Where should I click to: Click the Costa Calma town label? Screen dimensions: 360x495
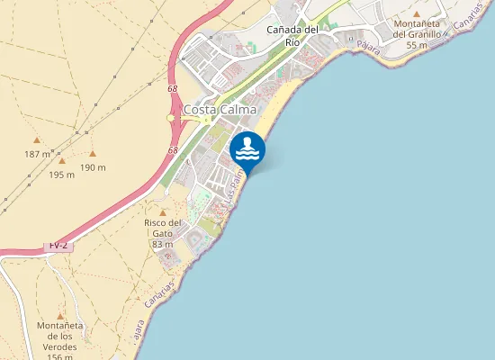click(x=220, y=110)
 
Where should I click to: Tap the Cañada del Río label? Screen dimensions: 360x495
click(x=293, y=35)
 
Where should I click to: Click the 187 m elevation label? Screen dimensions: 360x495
click(x=38, y=155)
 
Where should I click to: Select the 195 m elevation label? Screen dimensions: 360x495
click(x=61, y=175)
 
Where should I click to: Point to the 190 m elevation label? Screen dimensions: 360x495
click(x=93, y=167)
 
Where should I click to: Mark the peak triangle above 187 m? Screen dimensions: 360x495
click(x=37, y=140)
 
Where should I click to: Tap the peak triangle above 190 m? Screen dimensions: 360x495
click(x=93, y=153)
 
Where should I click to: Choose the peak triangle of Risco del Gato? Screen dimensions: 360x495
click(x=162, y=211)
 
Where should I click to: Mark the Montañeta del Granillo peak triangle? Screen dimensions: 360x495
click(x=416, y=13)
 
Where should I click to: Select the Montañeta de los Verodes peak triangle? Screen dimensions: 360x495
click(x=60, y=317)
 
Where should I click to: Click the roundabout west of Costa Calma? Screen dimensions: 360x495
click(x=170, y=118)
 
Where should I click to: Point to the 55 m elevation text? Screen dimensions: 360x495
click(x=416, y=45)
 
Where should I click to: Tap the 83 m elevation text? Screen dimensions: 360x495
click(x=163, y=244)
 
